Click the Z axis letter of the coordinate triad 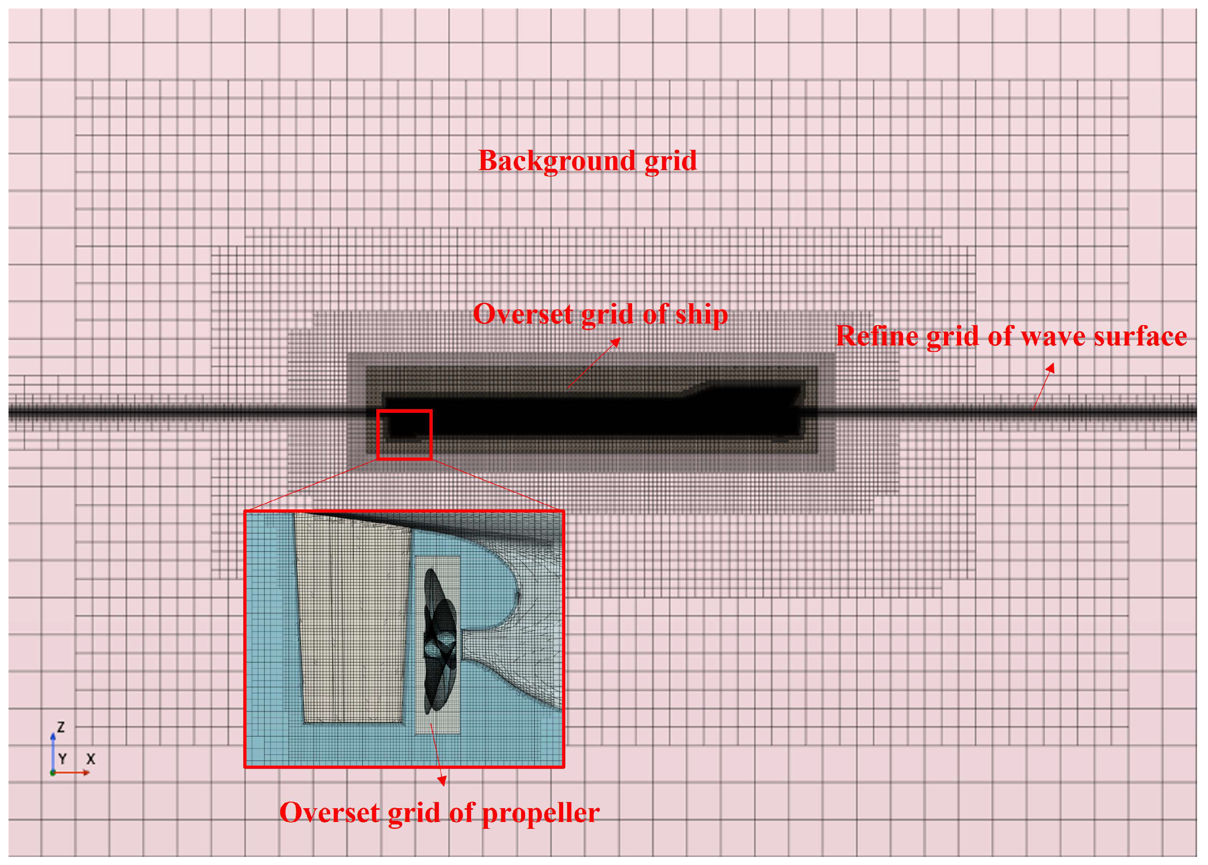point(61,727)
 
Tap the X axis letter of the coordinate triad point(90,759)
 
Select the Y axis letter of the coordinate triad point(63,759)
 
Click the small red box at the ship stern point(404,434)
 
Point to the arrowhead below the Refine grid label point(1051,368)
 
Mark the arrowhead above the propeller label point(442,781)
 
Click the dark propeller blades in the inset point(439,639)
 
